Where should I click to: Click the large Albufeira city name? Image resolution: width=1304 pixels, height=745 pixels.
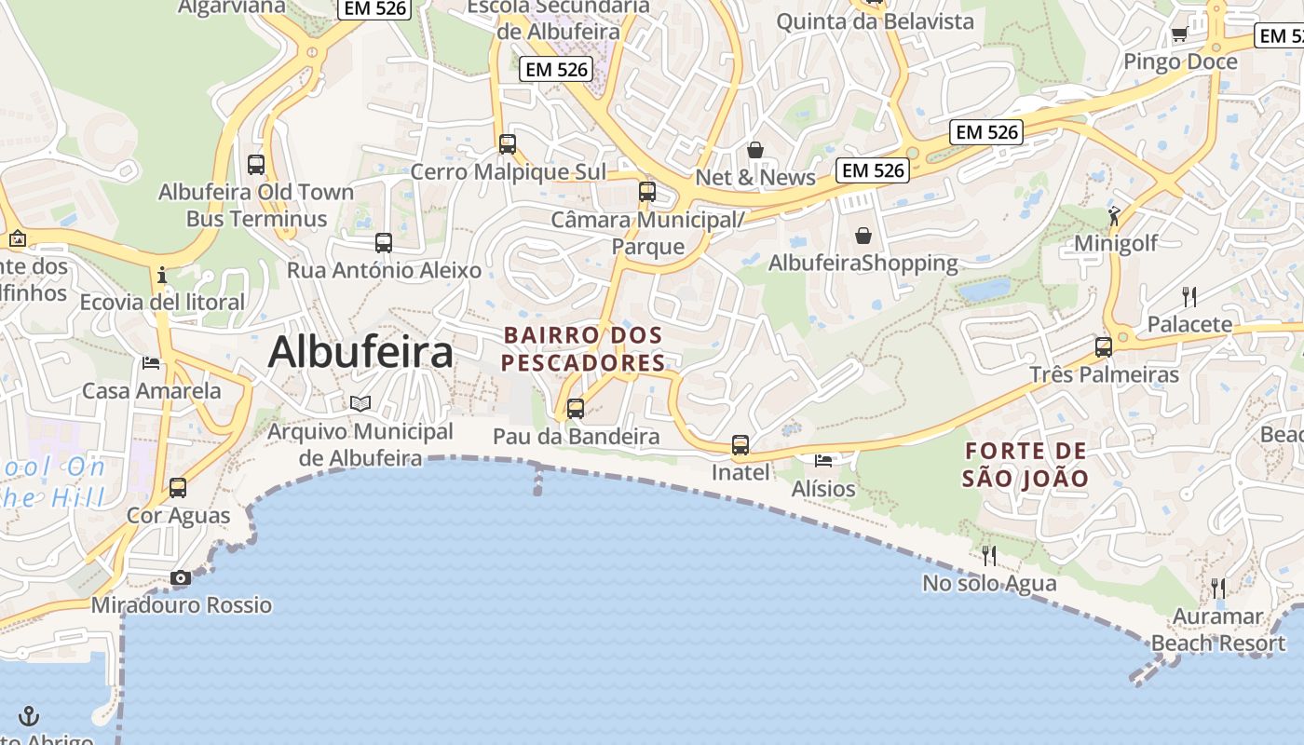tap(361, 352)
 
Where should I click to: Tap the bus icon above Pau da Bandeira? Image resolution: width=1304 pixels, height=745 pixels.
tap(576, 408)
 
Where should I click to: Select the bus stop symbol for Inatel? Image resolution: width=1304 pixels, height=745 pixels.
tap(740, 445)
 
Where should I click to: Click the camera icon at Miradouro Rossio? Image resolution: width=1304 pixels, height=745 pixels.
tap(181, 578)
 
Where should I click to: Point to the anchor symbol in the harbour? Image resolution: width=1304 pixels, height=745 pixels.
tap(30, 716)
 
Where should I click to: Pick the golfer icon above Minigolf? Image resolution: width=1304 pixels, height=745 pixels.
tap(1114, 216)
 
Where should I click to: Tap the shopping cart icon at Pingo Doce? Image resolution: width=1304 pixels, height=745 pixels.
tap(1179, 34)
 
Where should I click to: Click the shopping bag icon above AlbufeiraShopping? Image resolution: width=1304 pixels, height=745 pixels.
tap(863, 236)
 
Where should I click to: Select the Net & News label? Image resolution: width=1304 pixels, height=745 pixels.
tap(755, 177)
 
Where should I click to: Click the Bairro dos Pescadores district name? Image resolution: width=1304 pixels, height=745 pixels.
tap(584, 348)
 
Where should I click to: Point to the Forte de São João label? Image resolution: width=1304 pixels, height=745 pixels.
tap(1026, 465)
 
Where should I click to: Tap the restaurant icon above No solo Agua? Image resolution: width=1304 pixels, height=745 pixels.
tap(989, 556)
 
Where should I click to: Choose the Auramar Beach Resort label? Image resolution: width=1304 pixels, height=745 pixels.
tap(1218, 630)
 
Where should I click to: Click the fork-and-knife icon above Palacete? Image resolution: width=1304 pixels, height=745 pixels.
tap(1189, 297)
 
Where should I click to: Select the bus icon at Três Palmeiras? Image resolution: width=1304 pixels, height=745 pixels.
tap(1104, 347)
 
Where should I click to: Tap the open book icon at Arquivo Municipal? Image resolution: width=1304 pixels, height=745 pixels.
tap(360, 403)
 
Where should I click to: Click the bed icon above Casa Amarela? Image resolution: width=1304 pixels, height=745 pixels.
tap(151, 362)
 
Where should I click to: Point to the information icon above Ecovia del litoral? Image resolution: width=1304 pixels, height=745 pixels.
tap(162, 275)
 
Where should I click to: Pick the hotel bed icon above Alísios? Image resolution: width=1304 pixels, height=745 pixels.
tap(823, 460)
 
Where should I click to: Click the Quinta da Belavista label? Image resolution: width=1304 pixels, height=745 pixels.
tap(875, 20)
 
